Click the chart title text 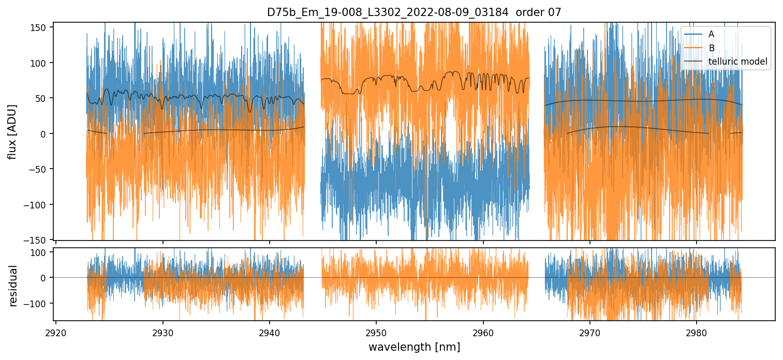click(414, 12)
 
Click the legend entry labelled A click(712, 34)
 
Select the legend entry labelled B click(712, 48)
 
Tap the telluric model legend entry click(737, 62)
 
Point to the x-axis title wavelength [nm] click(414, 347)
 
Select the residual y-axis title click(13, 286)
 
